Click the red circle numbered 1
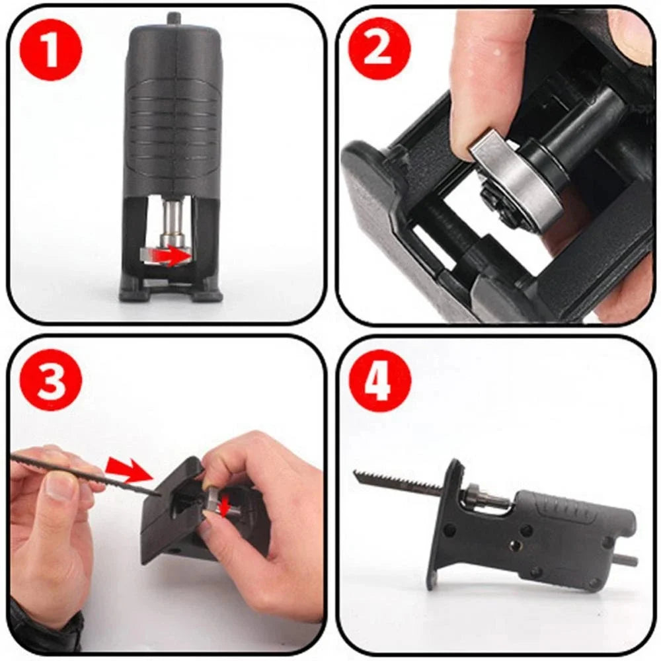51,50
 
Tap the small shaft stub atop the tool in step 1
173,19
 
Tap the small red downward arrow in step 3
225,506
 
